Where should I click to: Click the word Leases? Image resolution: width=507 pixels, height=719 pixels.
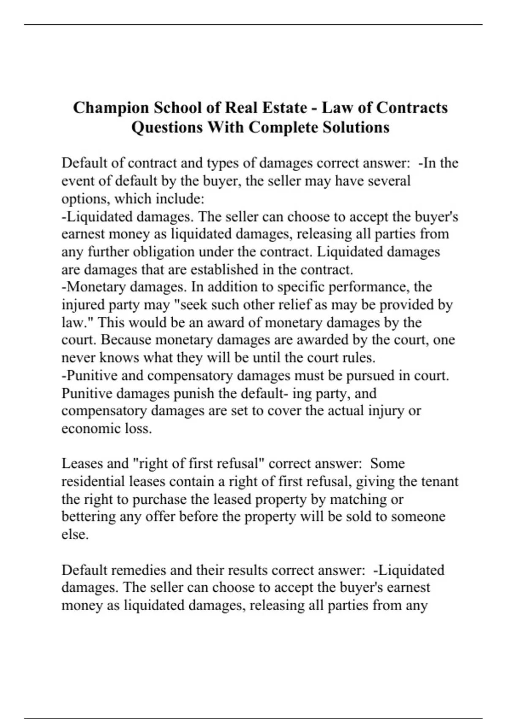pos(82,464)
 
